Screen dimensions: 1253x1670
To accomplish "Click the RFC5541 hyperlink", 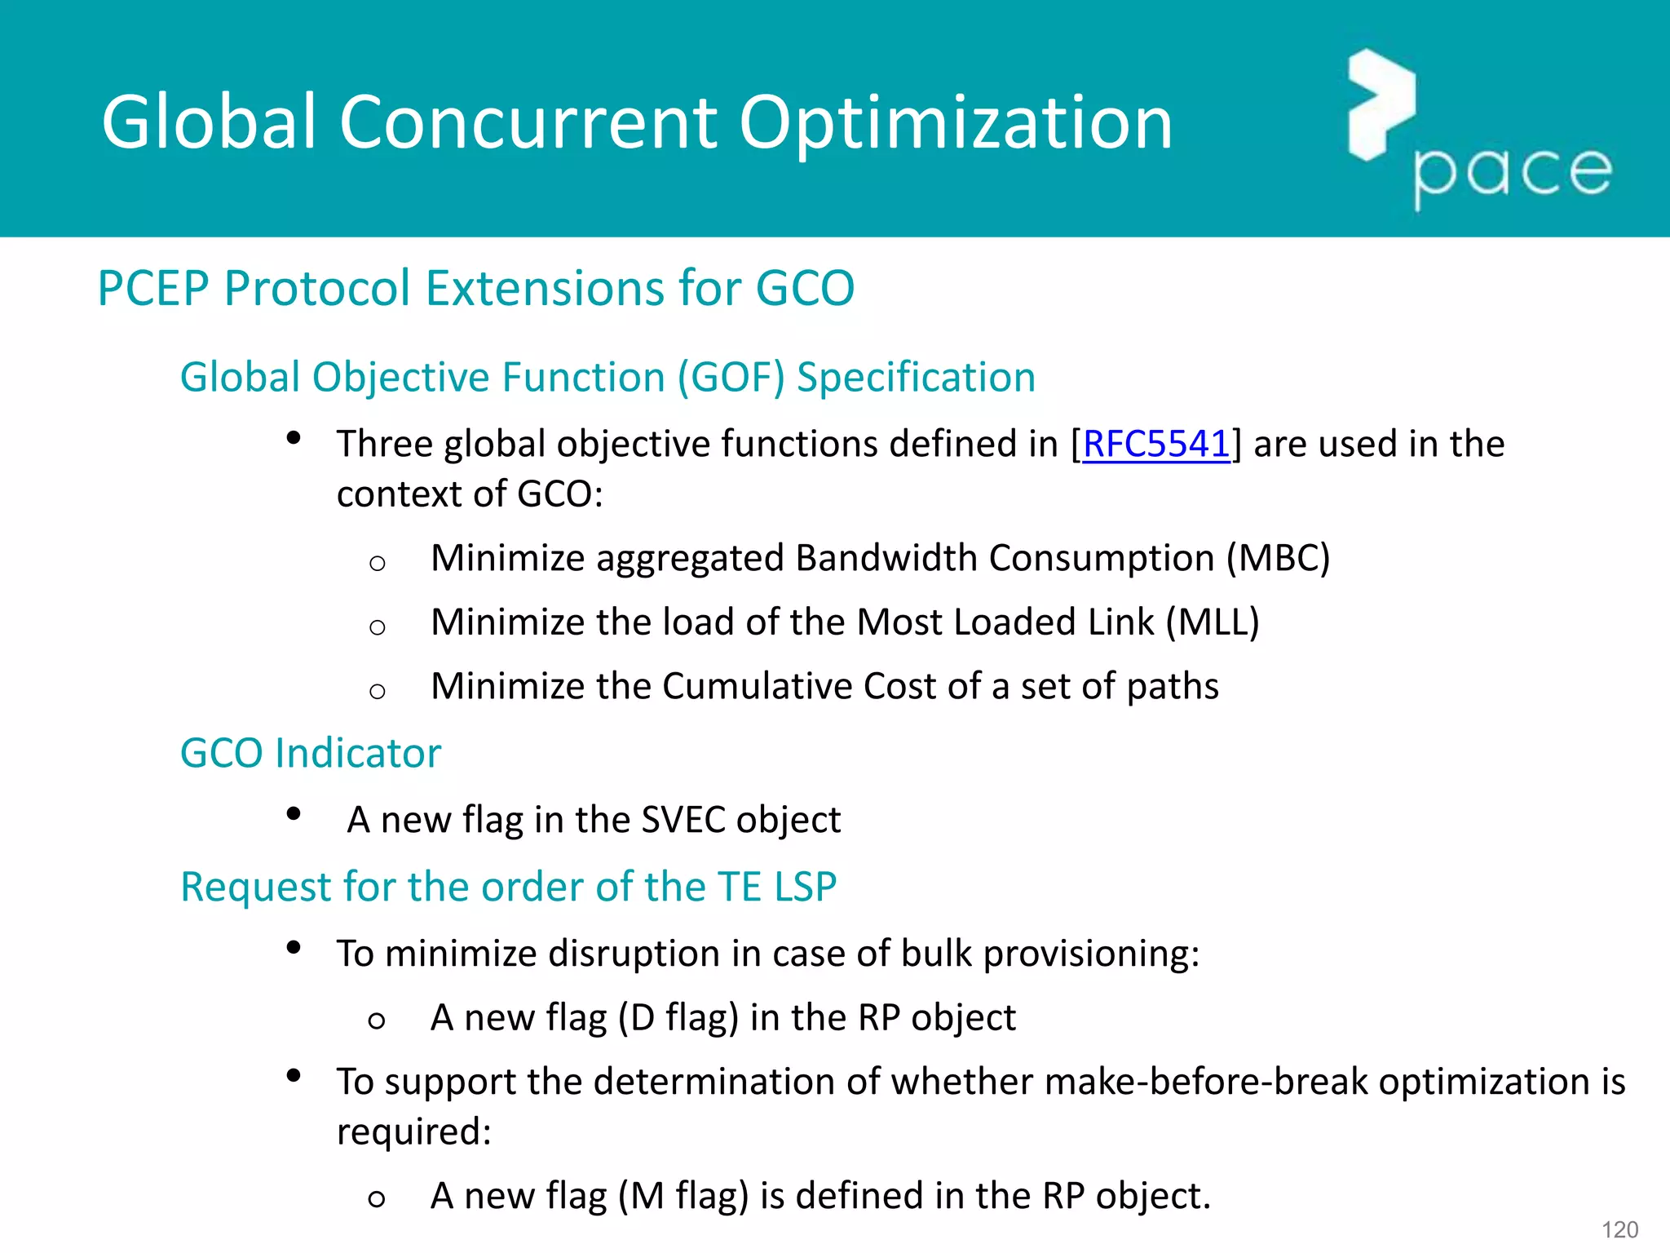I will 1155,445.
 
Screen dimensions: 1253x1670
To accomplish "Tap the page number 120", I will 1619,1229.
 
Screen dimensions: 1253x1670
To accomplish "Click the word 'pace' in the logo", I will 1513,172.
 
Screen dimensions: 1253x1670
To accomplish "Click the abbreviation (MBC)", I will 1278,559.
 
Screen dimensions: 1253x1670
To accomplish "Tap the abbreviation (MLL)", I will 1212,622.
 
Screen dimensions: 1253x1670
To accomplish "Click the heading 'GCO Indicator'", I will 310,753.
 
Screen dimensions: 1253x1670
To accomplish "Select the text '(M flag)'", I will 683,1196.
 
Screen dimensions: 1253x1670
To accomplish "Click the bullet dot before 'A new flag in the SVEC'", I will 294,814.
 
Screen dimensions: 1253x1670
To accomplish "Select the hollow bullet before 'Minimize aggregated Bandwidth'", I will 377,563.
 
